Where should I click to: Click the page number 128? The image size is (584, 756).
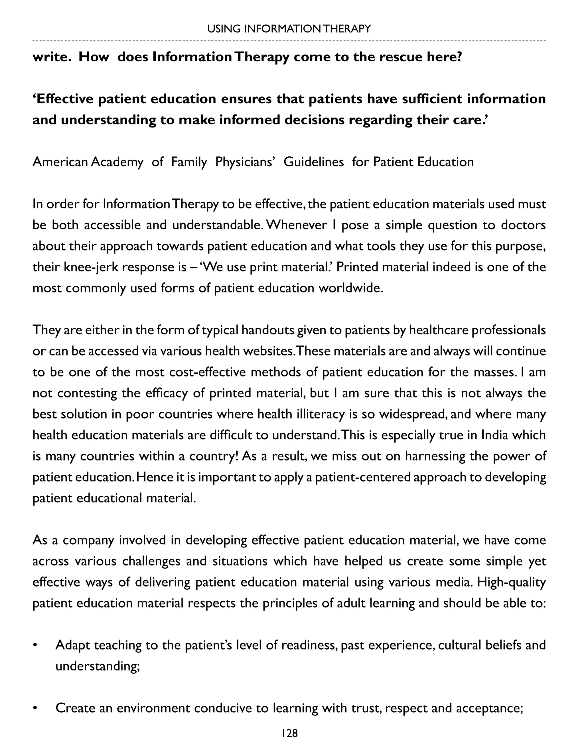289,733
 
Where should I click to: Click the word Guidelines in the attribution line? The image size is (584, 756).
313,162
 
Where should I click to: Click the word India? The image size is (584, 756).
494,435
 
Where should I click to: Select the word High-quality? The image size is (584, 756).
511,582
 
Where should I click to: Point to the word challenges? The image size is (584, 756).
151,561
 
